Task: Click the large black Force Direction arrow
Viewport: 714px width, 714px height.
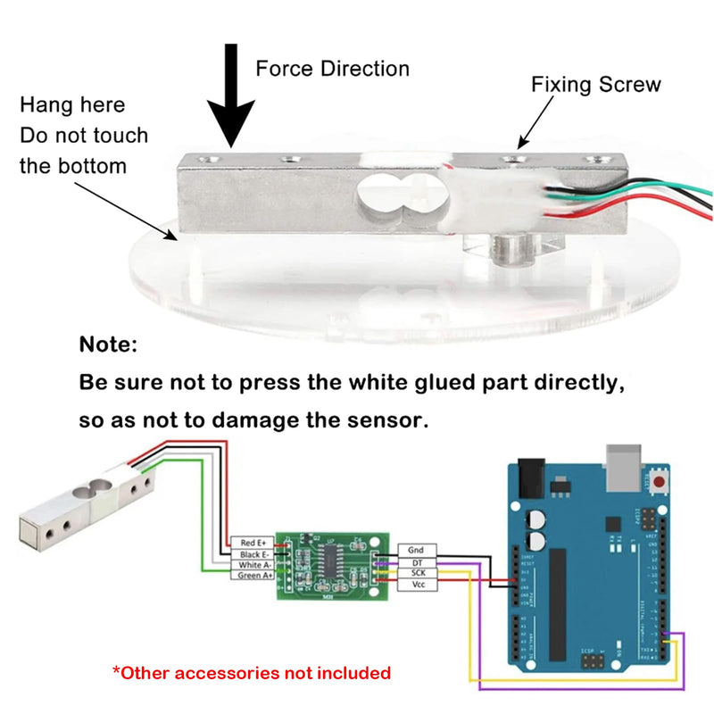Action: [x=231, y=98]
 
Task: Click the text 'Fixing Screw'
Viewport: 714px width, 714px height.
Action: [x=596, y=85]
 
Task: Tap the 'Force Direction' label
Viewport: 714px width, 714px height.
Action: [x=333, y=69]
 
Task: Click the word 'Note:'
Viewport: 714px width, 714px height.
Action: [x=109, y=344]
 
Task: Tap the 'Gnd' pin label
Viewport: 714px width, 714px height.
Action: [x=417, y=551]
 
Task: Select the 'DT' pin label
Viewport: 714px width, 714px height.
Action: [x=417, y=562]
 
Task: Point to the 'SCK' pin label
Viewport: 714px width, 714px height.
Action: [x=417, y=573]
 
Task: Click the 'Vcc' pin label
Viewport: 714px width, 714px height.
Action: [x=417, y=585]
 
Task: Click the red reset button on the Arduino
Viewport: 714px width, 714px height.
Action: [x=661, y=483]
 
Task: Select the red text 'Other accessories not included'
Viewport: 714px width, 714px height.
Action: [x=251, y=672]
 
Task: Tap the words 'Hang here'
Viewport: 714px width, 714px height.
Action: [x=72, y=105]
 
